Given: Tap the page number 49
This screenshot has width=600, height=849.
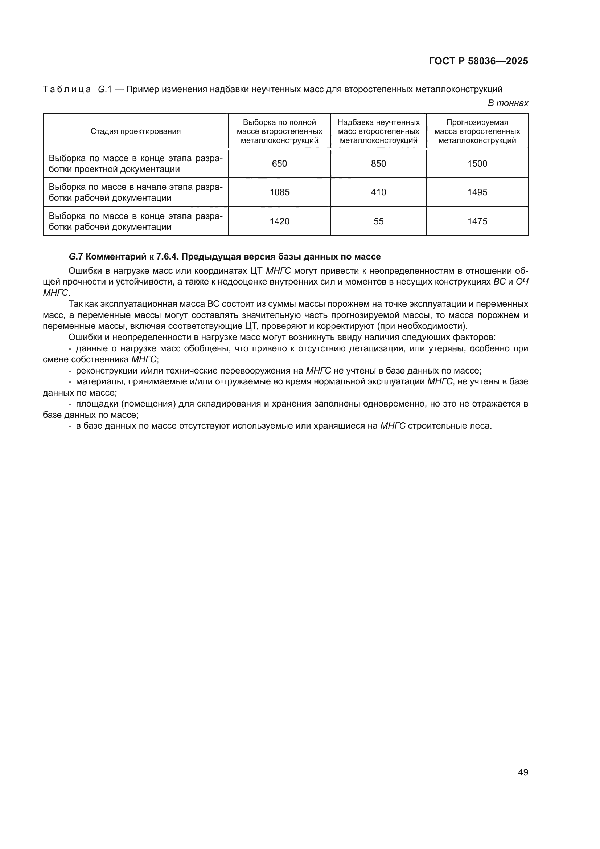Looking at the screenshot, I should point(523,772).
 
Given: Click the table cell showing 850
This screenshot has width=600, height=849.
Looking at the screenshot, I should point(378,163).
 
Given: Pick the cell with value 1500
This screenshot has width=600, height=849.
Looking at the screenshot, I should point(477,163).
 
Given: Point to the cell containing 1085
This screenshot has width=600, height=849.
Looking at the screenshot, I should point(279,192).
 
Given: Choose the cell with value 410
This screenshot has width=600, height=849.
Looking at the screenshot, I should point(378,192).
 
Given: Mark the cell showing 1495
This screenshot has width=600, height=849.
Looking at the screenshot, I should point(477,192).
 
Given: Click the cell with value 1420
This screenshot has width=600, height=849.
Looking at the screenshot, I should point(279,221).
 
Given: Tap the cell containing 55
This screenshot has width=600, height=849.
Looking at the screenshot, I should point(378,221).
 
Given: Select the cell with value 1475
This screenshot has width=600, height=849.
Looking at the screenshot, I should point(477,221).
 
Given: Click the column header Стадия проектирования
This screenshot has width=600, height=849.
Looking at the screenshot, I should point(136,131).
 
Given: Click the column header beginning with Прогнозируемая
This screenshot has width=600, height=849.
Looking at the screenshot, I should point(477,131).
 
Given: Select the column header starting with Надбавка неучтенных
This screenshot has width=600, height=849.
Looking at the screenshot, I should point(378,131).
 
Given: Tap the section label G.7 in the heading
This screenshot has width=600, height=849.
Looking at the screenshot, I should point(75,257).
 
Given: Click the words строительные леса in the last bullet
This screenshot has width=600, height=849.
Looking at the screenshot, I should point(449,426).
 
